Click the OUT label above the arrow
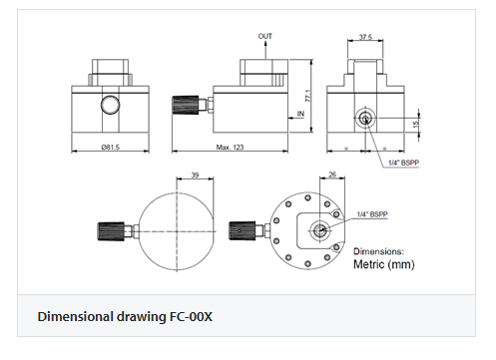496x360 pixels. coord(265,36)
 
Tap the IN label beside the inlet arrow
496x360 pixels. coord(300,114)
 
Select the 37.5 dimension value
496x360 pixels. coord(365,37)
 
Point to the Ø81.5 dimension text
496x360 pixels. coord(111,147)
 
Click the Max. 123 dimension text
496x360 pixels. coord(230,147)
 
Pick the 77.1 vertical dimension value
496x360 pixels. coord(308,96)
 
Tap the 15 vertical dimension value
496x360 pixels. coord(415,125)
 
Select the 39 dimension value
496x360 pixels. coord(195,175)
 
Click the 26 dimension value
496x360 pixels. coord(332,175)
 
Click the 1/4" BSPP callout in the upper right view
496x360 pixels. coord(404,163)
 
